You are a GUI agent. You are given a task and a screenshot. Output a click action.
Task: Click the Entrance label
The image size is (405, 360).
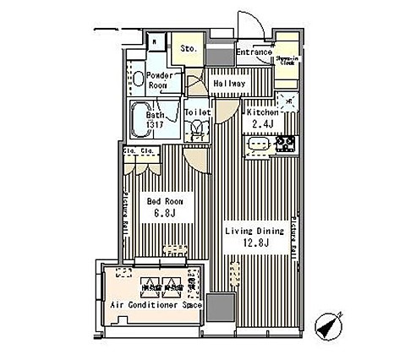click(254, 52)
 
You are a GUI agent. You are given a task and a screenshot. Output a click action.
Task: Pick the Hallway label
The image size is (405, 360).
click(229, 84)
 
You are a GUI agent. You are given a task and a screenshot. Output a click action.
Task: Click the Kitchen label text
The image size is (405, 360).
click(264, 112)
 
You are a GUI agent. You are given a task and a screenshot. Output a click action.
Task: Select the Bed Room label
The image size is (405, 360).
click(165, 201)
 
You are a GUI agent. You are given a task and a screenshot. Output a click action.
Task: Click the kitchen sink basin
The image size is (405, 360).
click(259, 145)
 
